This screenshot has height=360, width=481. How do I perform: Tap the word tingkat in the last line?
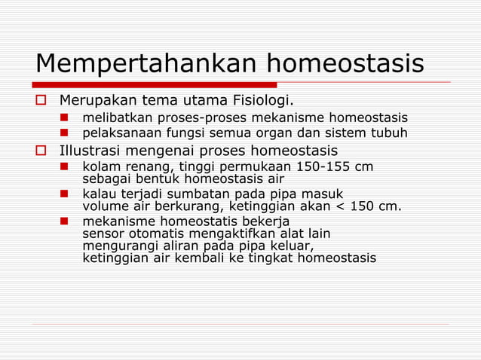coord(273,258)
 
